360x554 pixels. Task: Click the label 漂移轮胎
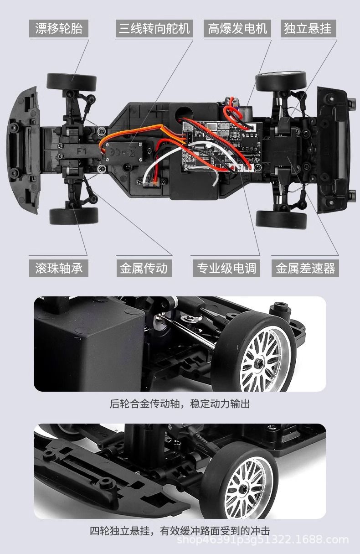(x=59, y=28)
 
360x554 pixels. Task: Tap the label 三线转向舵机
(x=154, y=28)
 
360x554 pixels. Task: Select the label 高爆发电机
(x=237, y=28)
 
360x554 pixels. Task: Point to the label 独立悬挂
(x=308, y=28)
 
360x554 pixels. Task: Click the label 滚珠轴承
(x=59, y=268)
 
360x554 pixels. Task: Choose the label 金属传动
(x=144, y=268)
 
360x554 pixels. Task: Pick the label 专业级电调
(x=226, y=268)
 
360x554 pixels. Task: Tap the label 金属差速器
(x=305, y=268)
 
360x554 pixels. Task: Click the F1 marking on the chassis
(x=82, y=150)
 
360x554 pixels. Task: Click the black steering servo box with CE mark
(x=127, y=153)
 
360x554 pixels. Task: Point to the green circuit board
(x=222, y=146)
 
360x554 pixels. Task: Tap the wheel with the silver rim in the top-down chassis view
(x=281, y=81)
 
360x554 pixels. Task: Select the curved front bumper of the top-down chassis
(x=24, y=150)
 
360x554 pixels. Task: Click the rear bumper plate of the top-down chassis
(x=334, y=150)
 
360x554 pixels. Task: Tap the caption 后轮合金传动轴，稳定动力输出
(x=180, y=404)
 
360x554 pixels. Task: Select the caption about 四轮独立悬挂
(x=180, y=531)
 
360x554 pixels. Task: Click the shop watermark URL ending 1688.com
(x=262, y=540)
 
